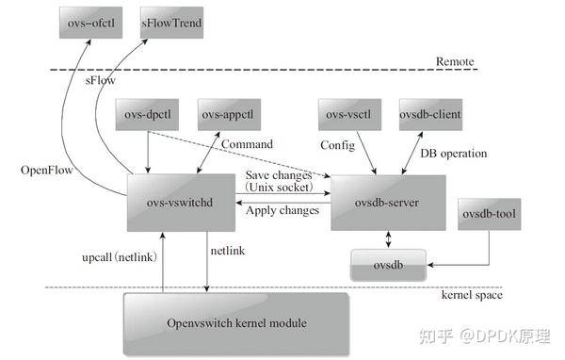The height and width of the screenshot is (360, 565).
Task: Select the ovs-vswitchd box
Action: [x=180, y=201]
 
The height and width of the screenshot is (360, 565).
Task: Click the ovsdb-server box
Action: [x=386, y=202]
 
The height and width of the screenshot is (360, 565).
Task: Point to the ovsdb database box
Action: [x=387, y=264]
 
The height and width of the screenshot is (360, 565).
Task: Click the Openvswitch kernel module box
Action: [x=237, y=323]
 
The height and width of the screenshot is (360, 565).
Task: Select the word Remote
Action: [x=455, y=62]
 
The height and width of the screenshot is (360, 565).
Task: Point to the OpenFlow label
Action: [x=46, y=171]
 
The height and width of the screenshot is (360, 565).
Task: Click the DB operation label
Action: [x=453, y=153]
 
